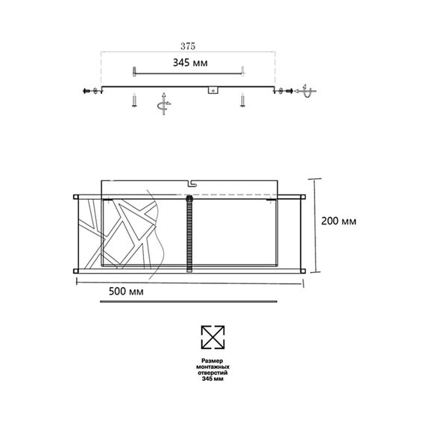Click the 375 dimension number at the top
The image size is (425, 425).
tap(189, 45)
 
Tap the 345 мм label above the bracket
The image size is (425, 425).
tap(189, 63)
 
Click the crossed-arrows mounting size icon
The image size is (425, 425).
tap(212, 338)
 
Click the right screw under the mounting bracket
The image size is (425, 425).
tap(243, 101)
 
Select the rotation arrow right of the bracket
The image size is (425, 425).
tap(306, 90)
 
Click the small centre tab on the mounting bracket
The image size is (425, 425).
tap(213, 91)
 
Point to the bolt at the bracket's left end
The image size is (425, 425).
tap(91, 90)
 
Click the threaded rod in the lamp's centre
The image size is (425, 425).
tap(189, 232)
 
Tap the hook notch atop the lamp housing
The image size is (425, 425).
tap(190, 182)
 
